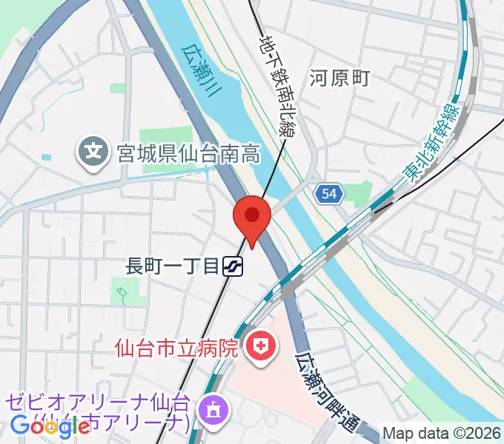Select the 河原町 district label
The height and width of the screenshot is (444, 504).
point(339,78)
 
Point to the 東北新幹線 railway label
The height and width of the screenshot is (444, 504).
point(431,145)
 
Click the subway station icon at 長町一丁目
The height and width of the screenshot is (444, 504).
point(234,266)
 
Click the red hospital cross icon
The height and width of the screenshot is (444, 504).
point(261,345)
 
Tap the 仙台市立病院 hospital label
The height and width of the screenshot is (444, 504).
point(176,346)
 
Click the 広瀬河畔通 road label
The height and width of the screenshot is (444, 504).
point(326,392)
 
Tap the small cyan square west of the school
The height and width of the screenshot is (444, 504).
point(47,158)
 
